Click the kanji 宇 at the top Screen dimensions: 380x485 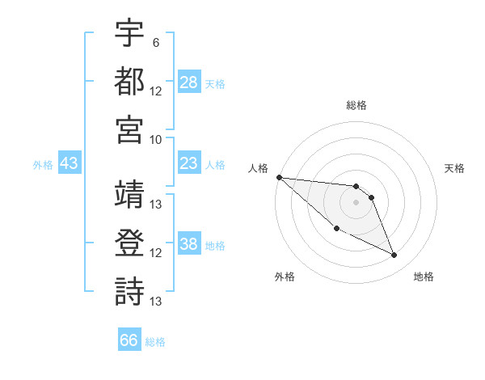(129, 33)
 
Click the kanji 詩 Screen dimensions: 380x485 (129, 291)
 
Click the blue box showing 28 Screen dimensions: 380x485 (189, 82)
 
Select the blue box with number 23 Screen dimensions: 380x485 (188, 164)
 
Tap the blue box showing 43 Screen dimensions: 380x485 (70, 164)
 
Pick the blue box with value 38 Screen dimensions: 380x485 (189, 245)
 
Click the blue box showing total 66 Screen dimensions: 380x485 (129, 340)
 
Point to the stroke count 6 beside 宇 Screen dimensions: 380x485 (155, 41)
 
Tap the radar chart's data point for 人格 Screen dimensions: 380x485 (279, 177)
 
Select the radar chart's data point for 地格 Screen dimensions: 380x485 (394, 255)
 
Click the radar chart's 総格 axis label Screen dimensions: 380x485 (356, 105)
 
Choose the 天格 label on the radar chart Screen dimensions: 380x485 (454, 168)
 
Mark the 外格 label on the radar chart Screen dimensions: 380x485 (285, 277)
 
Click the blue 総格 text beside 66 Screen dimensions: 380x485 (155, 342)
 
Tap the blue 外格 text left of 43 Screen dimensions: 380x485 (43, 165)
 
